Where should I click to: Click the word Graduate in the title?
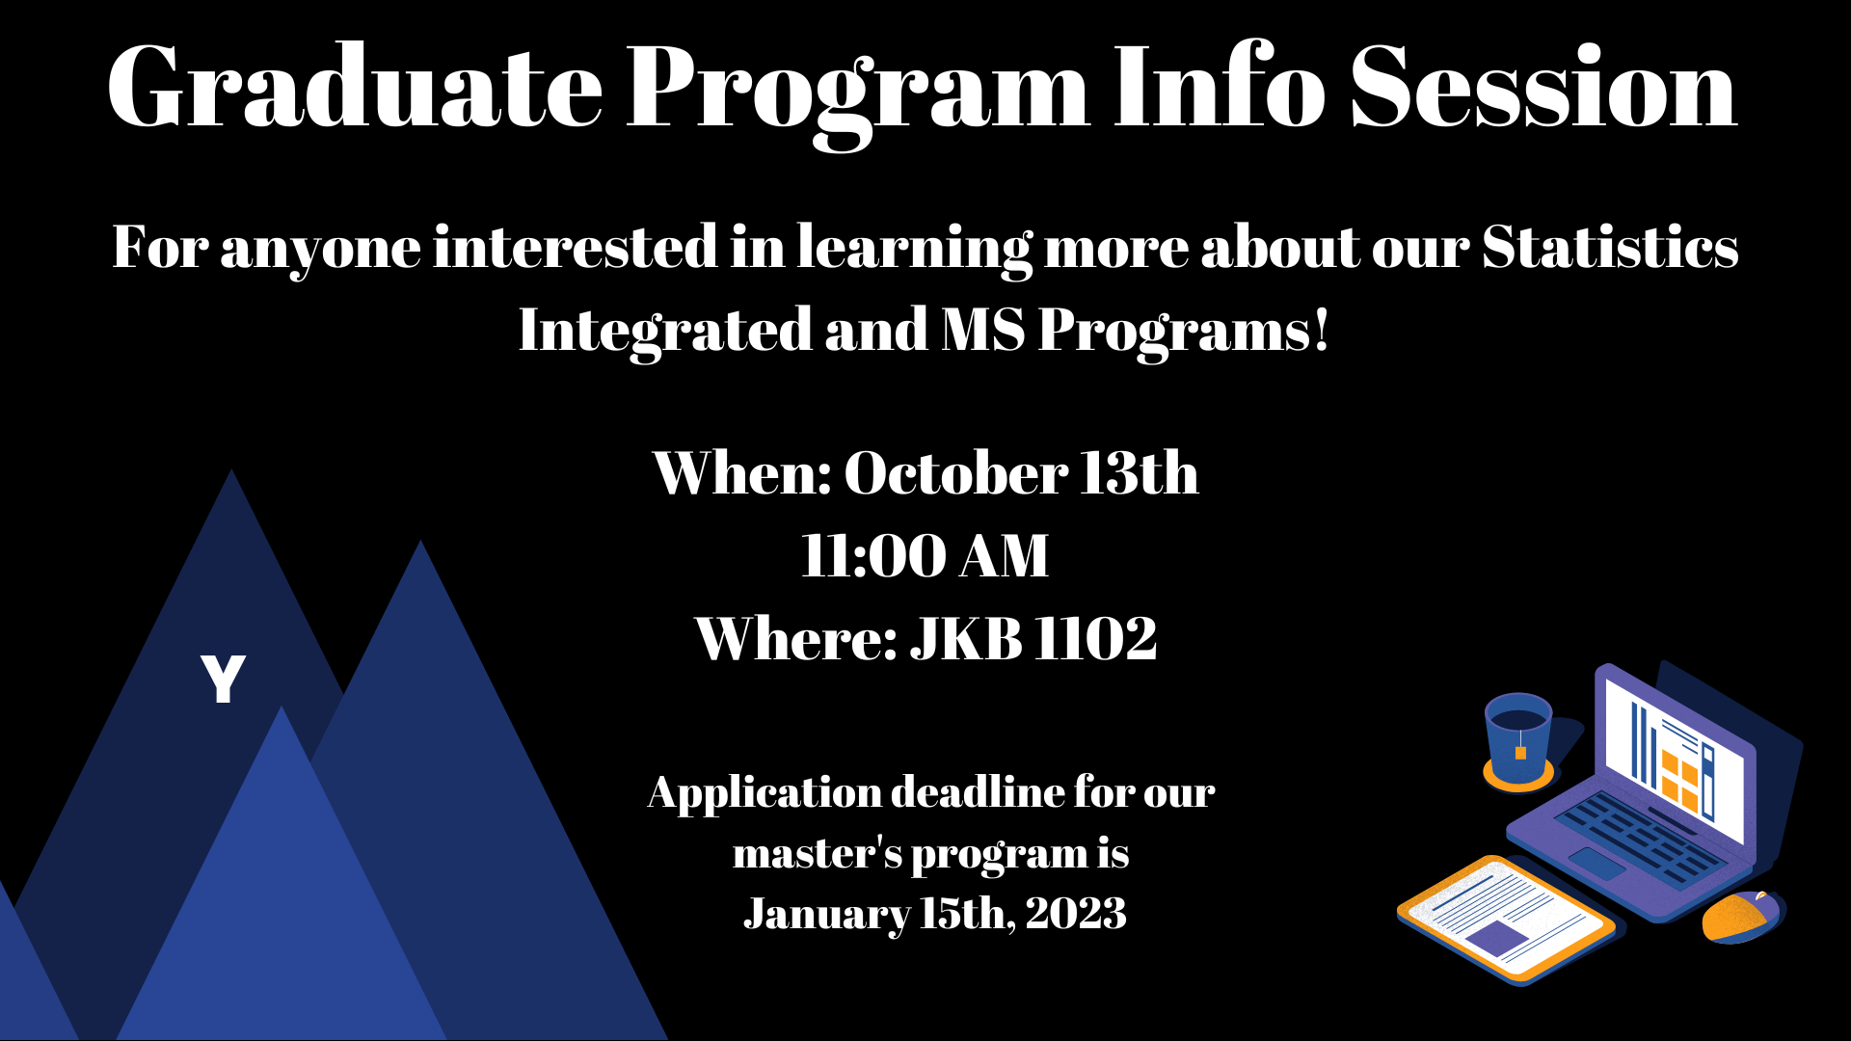356,88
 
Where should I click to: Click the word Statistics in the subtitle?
1610,247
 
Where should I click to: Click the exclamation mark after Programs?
1321,329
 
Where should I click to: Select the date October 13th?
1022,472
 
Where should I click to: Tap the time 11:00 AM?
925,556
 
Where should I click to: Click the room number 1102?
1095,638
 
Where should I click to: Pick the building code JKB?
966,638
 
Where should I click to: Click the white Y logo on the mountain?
223,679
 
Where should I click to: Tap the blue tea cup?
1518,740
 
